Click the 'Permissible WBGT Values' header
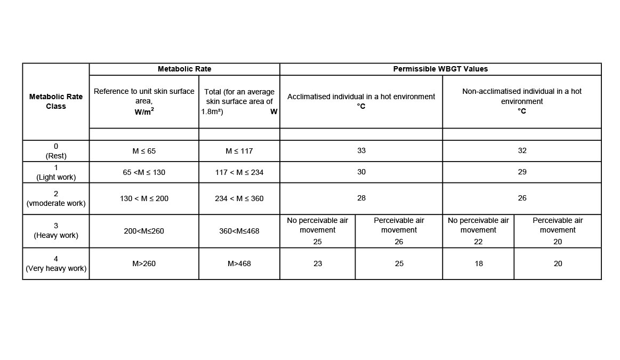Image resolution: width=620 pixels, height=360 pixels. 440,69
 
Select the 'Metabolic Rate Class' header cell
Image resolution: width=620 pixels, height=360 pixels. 56,101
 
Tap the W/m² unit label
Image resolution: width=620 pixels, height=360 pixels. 144,112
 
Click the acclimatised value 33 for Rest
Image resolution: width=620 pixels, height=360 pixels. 361,150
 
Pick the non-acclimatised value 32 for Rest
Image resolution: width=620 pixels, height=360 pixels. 522,150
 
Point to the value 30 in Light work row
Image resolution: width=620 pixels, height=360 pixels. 361,172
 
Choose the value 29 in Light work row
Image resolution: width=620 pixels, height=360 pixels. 522,172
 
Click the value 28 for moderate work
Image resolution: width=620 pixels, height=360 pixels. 361,198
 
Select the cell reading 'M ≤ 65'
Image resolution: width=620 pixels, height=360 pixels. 144,151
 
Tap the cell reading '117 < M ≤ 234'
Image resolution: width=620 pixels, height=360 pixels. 239,172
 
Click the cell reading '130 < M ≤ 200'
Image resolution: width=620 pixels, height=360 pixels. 144,198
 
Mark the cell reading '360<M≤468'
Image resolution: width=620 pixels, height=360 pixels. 239,231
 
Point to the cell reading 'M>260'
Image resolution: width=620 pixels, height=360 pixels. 144,263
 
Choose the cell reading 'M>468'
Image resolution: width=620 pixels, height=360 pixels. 239,263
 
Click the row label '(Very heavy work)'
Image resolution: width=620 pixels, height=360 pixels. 56,268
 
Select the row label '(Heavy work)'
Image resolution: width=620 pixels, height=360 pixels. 56,235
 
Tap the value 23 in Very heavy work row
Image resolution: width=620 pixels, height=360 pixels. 318,263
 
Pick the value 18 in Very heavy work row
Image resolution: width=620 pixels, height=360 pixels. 478,263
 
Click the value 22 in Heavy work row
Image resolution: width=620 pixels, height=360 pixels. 478,242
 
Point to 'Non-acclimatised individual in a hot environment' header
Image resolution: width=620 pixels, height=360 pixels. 522,96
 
